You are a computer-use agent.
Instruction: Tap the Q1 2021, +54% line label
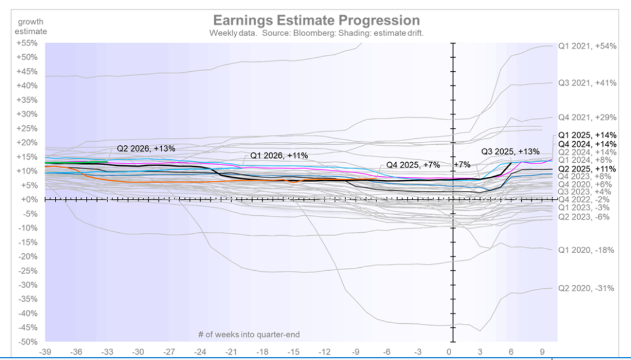point(585,46)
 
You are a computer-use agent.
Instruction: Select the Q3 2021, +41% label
point(585,83)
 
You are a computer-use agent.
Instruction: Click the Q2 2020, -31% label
point(586,288)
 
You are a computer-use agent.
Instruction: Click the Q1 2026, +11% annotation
point(279,155)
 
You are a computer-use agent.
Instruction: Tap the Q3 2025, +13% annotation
point(510,152)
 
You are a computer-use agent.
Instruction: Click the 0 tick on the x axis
point(449,352)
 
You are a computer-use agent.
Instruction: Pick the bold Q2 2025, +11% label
point(586,168)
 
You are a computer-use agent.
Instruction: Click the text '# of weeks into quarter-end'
point(248,334)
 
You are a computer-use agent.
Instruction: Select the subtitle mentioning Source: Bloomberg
point(316,33)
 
